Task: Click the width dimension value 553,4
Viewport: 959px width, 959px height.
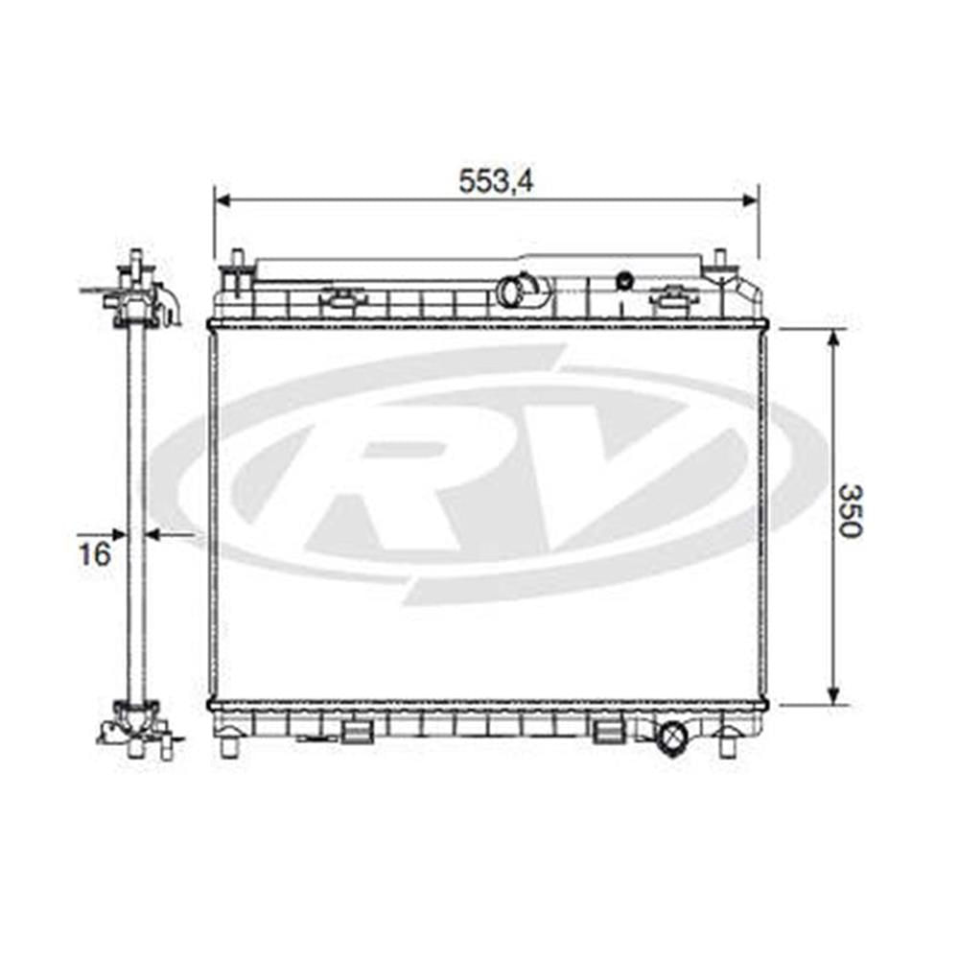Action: point(495,180)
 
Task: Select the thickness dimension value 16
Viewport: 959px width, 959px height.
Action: point(93,552)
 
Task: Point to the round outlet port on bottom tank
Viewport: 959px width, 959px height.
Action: point(671,738)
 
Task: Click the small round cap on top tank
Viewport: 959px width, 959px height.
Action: point(625,281)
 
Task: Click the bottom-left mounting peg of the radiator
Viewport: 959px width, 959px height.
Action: point(228,743)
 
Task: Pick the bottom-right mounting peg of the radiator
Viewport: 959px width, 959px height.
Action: point(729,743)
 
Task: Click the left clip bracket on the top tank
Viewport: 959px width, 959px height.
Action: point(342,300)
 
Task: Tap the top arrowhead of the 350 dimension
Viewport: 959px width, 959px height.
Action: point(833,338)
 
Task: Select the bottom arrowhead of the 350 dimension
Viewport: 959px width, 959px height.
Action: point(833,695)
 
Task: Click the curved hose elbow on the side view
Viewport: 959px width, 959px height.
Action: point(170,305)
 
